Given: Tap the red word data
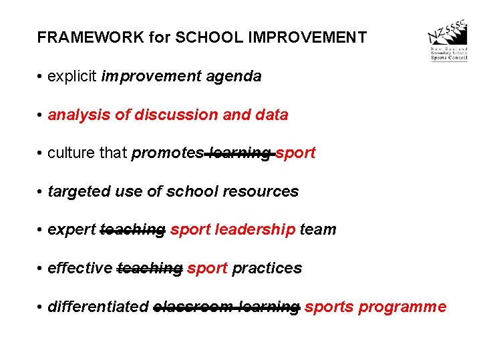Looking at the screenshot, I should click(x=271, y=115).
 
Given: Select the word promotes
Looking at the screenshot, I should click(x=167, y=153).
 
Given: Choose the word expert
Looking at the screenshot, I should click(x=71, y=230).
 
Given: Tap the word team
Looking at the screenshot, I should click(x=318, y=230).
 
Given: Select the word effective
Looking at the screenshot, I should click(x=80, y=269).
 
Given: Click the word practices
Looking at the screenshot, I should click(x=267, y=269).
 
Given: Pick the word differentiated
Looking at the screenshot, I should click(x=98, y=307).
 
